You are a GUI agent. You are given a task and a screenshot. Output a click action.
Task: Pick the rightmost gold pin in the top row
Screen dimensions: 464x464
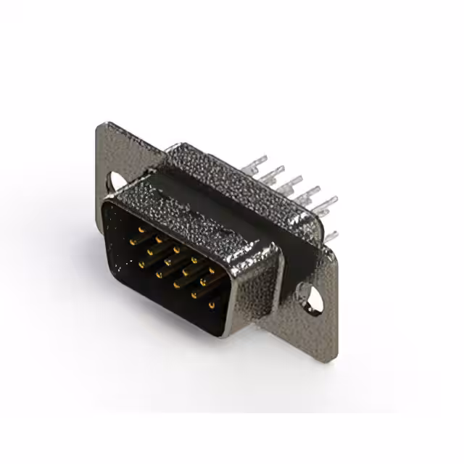point(211,271)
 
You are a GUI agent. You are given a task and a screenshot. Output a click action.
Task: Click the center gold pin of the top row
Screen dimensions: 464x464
point(175,249)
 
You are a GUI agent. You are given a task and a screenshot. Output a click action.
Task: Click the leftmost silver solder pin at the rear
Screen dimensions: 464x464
point(261,159)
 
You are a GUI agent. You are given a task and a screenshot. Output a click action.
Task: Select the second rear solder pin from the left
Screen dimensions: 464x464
point(278,171)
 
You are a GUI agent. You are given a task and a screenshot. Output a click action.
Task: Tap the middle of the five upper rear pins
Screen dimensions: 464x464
point(295,181)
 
